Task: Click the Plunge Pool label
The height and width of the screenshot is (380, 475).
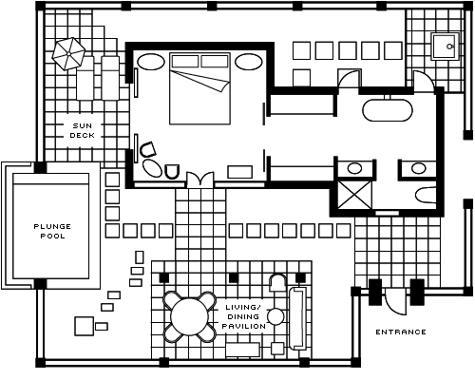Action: click(x=52, y=231)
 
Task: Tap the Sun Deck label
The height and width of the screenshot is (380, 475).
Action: click(x=83, y=130)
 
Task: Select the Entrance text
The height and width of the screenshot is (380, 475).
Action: click(x=401, y=332)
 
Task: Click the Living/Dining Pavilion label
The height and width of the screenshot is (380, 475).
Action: click(x=244, y=316)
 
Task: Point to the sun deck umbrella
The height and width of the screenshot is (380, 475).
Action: click(x=68, y=53)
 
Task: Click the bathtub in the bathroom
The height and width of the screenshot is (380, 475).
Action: click(x=388, y=110)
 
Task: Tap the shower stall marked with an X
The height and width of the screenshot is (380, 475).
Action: click(x=354, y=195)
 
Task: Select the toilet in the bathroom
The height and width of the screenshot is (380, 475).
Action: click(x=426, y=196)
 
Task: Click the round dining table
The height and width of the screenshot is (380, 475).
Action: click(x=189, y=317)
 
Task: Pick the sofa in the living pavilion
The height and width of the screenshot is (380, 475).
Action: click(x=298, y=318)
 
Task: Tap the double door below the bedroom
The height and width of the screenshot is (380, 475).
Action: click(x=200, y=180)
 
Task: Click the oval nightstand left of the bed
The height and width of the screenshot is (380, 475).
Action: click(x=151, y=62)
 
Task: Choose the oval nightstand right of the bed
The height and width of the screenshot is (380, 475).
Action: click(x=248, y=62)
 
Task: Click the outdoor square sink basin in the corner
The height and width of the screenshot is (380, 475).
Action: click(x=446, y=47)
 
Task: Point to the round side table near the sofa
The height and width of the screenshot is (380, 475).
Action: click(x=275, y=316)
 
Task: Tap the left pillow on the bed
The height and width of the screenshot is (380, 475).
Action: click(x=185, y=61)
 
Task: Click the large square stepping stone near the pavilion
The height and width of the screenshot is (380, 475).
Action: click(x=85, y=326)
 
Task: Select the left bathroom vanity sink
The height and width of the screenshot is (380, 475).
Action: click(x=354, y=168)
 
